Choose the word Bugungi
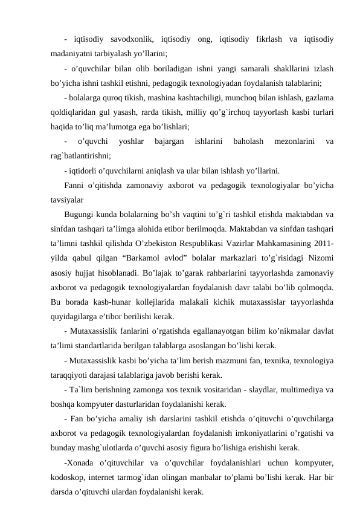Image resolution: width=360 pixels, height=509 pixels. (x=80, y=214)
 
